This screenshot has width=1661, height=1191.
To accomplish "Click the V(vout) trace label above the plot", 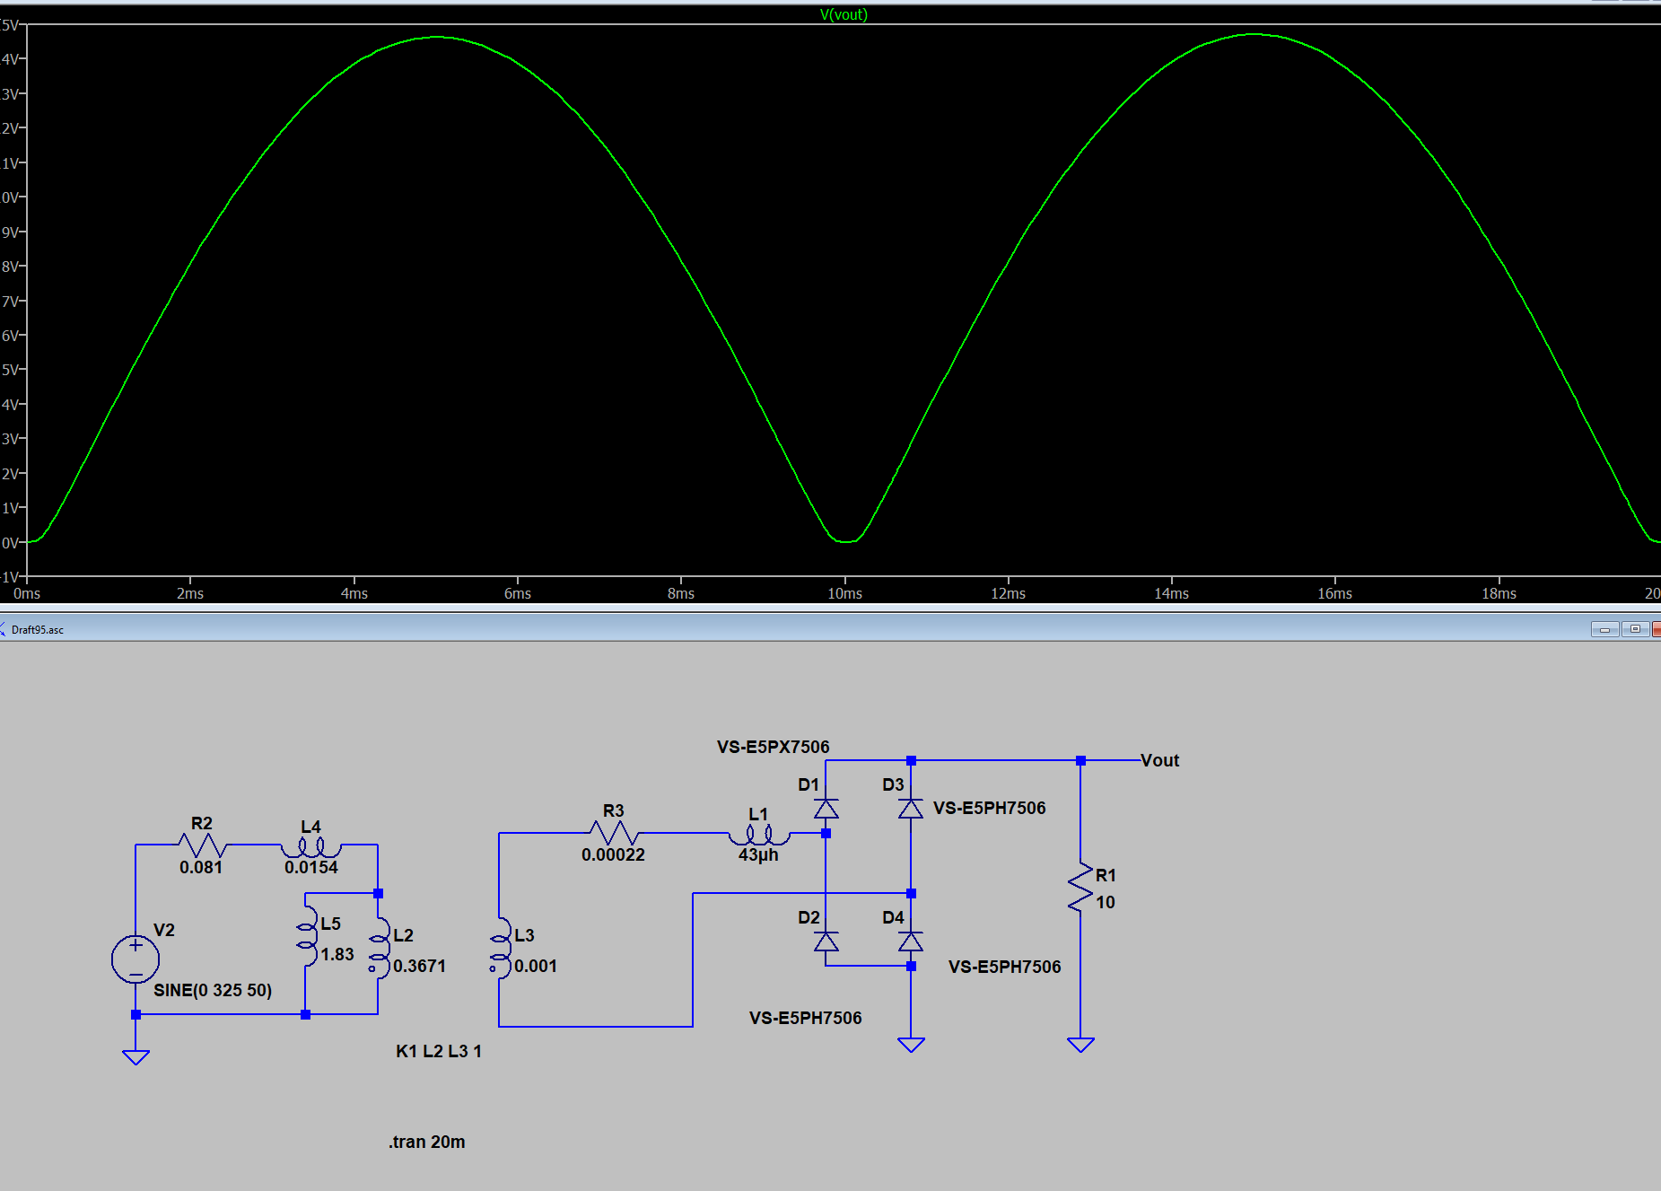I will pos(843,14).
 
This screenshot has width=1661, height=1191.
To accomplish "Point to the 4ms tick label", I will pos(354,593).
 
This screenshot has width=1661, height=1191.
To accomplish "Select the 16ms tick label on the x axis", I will pos(1334,593).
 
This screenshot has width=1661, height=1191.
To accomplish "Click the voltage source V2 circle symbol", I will pos(136,959).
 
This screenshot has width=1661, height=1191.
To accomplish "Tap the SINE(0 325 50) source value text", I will pos(213,990).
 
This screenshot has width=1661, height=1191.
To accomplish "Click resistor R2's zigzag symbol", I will pos(202,845).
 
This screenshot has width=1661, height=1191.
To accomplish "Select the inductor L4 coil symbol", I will pos(310,846).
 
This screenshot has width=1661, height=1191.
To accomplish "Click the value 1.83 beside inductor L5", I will pos(337,954).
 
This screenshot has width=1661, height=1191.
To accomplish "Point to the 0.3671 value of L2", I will pos(419,966).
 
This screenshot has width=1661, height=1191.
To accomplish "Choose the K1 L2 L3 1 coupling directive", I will pos(439,1051).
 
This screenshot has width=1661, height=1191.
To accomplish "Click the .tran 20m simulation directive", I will pos(427,1142).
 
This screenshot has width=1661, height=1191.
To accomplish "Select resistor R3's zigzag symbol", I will pos(614,833).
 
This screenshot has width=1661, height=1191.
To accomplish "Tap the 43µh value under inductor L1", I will pos(758,855).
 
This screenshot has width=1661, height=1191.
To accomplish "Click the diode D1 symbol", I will pos(826,809).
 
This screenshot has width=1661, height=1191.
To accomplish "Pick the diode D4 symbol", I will pos(911,941).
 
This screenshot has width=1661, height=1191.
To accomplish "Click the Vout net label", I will pos(1159,760).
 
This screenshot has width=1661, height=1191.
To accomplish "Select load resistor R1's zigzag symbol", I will pos(1080,889).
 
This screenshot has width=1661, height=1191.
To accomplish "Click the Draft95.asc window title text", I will pos(38,630).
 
